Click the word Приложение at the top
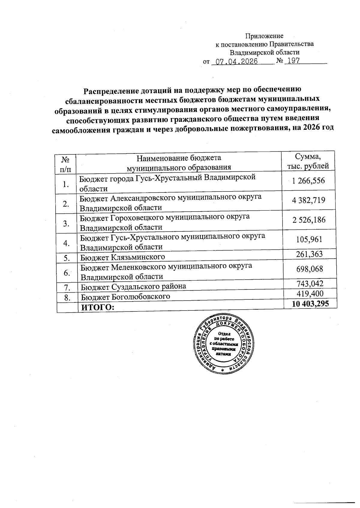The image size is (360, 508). coord(264,36)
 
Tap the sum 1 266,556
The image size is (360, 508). coord(308,180)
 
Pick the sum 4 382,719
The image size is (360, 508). coord(308,200)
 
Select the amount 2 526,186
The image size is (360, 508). coord(308,220)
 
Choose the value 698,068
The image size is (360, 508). coord(309,269)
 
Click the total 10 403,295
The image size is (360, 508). coord(310,304)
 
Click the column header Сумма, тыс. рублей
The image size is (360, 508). coord(308,161)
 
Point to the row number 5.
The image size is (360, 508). coord(67,257)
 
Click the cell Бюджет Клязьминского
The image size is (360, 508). coord(123,257)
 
